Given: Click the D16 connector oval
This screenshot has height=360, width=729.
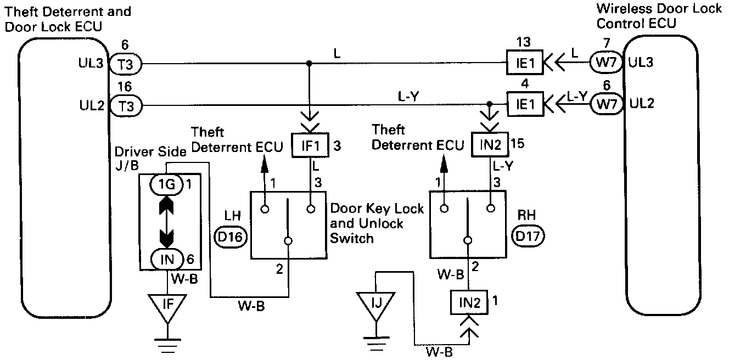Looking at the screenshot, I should [231, 237].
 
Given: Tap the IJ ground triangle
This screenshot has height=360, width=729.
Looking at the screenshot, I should [375, 304].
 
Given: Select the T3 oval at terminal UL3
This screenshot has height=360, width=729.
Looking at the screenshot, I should [126, 64].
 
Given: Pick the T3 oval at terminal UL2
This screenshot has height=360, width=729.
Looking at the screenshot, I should [126, 105].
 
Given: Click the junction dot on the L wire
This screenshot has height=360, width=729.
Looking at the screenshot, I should [310, 64].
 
